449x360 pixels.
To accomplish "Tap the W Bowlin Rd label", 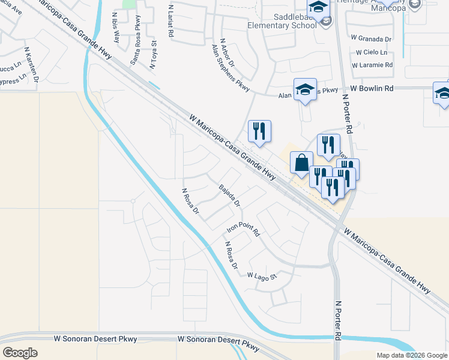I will [x=372, y=88].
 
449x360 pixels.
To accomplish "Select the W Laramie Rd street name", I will [x=372, y=65].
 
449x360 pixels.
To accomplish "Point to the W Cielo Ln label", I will [x=372, y=52].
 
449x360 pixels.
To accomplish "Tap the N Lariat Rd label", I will [x=171, y=22].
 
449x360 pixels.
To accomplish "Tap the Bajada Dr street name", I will [x=229, y=196].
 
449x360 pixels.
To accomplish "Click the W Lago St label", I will [x=264, y=275].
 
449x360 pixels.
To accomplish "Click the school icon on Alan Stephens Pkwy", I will [x=305, y=89].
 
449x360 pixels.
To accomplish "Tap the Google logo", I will [x=20, y=352].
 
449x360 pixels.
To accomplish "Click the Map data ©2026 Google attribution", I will [x=412, y=355].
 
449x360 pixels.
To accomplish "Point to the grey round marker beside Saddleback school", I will [x=325, y=22].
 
